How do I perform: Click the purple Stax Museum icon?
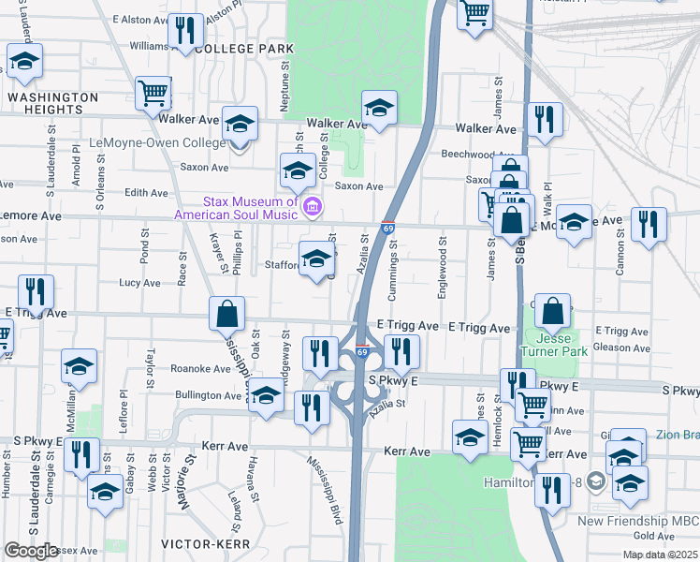click(x=314, y=205)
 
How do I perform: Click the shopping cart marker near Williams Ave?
click(x=153, y=92)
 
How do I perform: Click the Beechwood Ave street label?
click(x=478, y=155)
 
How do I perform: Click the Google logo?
click(x=31, y=551)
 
